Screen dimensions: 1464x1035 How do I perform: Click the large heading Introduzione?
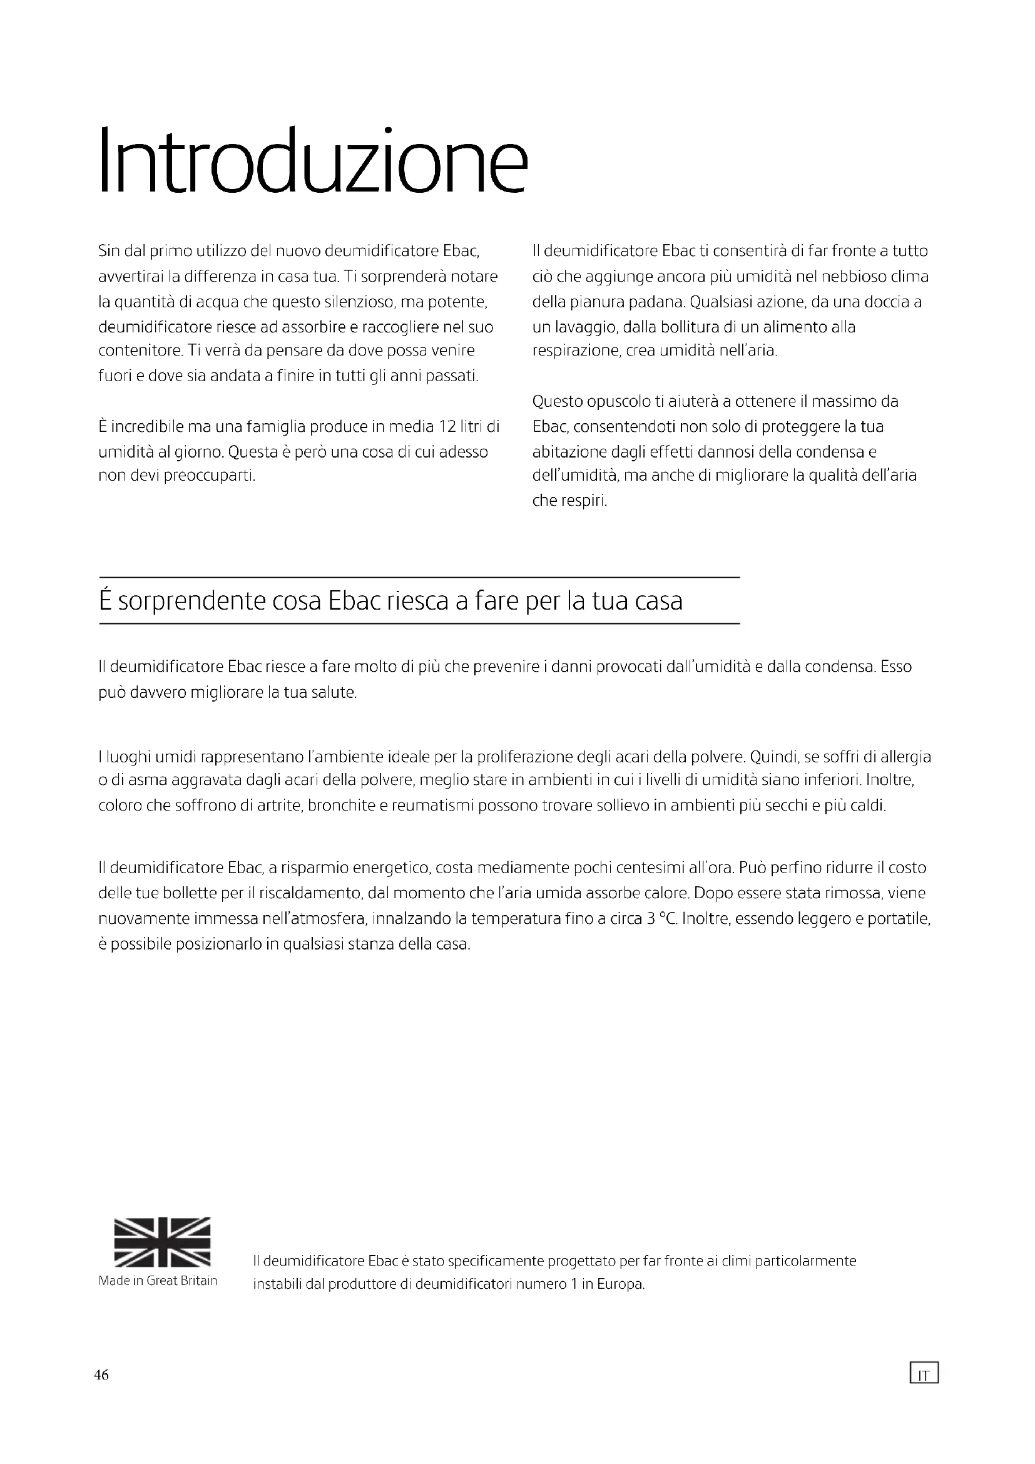tap(313, 161)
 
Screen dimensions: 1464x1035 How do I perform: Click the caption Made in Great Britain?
tap(158, 1281)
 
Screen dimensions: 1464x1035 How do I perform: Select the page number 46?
tap(101, 1374)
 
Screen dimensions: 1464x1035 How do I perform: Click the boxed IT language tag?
tap(924, 1373)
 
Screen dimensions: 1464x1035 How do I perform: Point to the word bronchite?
tap(341, 806)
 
